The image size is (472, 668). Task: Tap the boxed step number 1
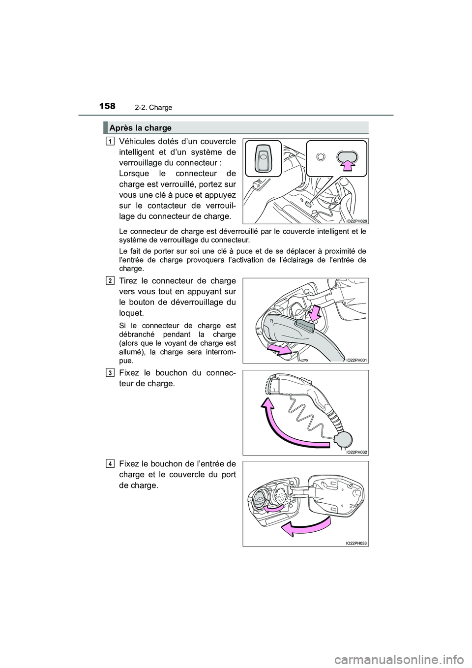(x=109, y=142)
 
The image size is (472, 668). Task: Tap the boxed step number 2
(x=109, y=280)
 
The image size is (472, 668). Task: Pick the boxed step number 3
(x=109, y=372)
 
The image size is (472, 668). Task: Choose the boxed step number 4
(x=109, y=464)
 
